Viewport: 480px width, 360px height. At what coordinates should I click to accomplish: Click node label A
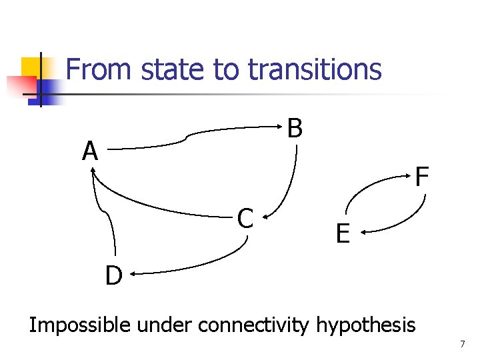pos(90,152)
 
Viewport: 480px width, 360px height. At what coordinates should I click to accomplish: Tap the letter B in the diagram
pos(295,128)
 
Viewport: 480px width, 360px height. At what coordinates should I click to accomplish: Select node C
pos(245,218)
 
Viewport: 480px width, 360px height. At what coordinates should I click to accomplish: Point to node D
pos(113,275)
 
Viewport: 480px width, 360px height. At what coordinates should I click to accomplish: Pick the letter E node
pos(342,234)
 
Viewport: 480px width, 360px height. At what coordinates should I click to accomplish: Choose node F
pos(421,177)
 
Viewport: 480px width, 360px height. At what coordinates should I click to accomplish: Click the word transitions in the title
pos(314,69)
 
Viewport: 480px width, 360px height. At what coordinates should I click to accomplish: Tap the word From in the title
pos(94,69)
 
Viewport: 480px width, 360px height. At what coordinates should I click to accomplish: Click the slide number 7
pos(461,344)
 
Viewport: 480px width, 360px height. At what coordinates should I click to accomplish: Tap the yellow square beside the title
pos(31,67)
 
